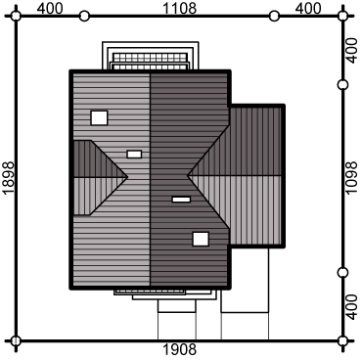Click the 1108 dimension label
click(x=179, y=8)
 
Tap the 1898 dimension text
click(x=9, y=178)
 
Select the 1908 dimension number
click(x=179, y=350)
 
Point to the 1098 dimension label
click(x=351, y=178)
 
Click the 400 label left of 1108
click(x=50, y=8)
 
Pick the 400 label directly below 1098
click(x=351, y=307)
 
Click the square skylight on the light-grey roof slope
click(x=99, y=117)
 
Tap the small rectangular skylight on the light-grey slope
click(x=134, y=154)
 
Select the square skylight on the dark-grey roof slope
click(x=201, y=239)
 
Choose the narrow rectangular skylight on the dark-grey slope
click(x=181, y=200)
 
